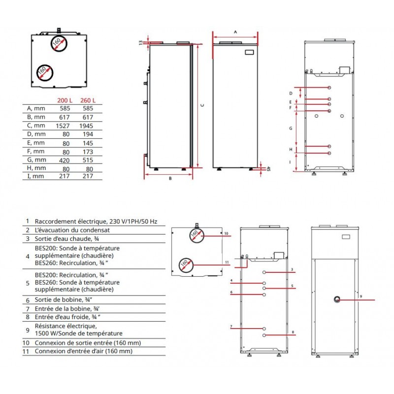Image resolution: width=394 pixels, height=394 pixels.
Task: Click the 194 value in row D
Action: (x=88, y=134)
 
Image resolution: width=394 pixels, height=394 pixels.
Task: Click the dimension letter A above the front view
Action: (x=235, y=31)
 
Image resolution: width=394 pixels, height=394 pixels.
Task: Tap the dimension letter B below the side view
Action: (x=170, y=179)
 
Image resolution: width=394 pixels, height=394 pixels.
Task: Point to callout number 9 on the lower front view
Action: (x=361, y=296)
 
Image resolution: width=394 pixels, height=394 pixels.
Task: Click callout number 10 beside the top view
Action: (x=226, y=233)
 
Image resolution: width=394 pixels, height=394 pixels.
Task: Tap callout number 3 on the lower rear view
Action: (x=292, y=270)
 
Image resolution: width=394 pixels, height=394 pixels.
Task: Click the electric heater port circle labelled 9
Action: (x=337, y=299)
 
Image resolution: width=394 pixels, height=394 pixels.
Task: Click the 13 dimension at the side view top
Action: (x=140, y=43)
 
